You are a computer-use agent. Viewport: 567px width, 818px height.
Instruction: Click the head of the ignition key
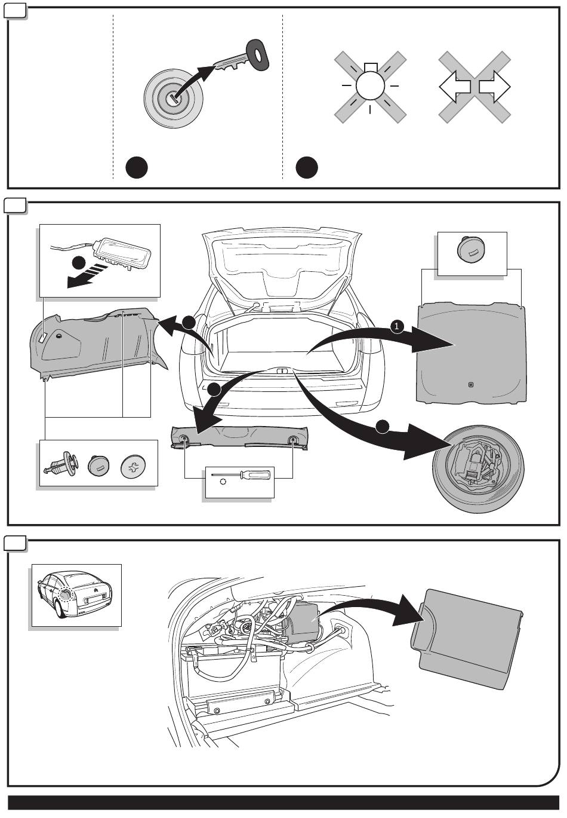point(258,53)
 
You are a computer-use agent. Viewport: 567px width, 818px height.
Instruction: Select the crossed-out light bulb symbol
point(370,87)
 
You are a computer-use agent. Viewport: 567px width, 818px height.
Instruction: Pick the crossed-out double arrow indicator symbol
point(474,87)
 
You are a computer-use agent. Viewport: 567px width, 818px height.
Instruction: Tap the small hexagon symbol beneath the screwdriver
point(223,482)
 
